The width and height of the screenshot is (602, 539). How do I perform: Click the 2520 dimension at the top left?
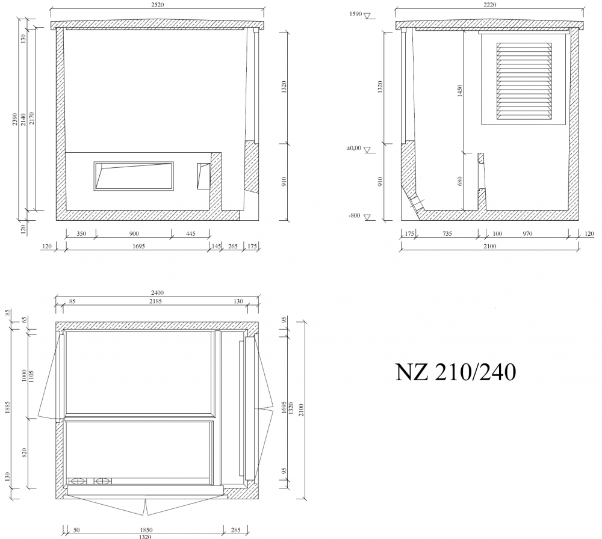click(157, 5)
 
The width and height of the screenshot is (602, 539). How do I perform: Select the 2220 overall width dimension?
click(490, 5)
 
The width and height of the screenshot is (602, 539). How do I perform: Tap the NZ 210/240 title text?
click(456, 372)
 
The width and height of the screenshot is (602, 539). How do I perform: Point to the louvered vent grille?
click(524, 81)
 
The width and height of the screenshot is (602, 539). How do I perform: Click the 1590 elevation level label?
click(356, 14)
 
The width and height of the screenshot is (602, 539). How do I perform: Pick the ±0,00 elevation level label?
click(354, 148)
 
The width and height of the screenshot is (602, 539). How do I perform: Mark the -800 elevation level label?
click(355, 215)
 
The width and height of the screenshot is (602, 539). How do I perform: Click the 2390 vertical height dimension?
click(14, 119)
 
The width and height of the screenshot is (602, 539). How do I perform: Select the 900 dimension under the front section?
click(134, 233)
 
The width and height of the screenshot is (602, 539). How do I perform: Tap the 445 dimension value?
click(191, 233)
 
